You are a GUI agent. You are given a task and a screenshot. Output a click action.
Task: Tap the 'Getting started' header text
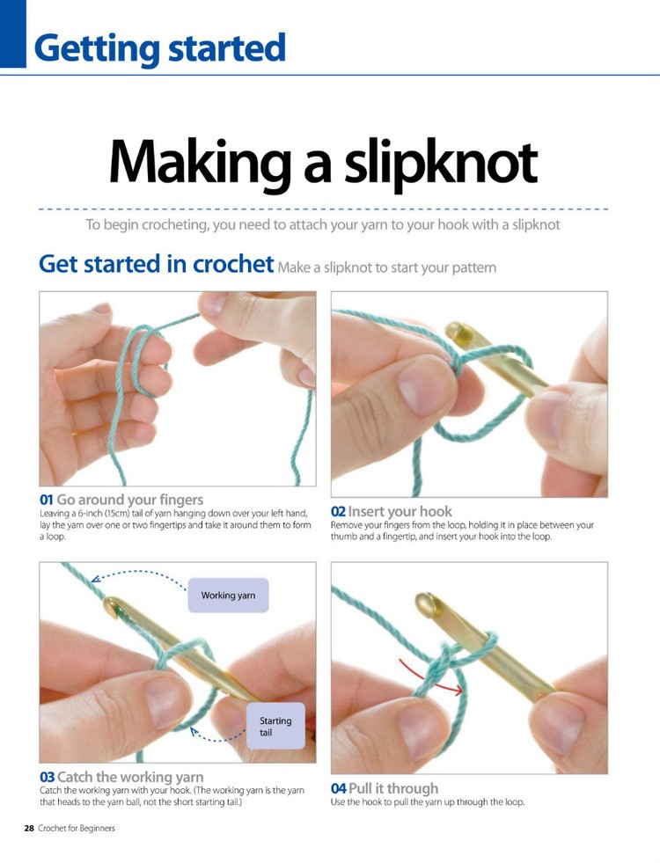point(159,48)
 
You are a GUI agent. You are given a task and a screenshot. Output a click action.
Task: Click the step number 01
point(47,501)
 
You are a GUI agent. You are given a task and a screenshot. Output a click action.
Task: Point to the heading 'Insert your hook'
point(400,511)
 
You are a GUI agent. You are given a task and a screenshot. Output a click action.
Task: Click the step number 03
point(48,777)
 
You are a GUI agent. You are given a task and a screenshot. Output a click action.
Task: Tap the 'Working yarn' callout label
point(228,596)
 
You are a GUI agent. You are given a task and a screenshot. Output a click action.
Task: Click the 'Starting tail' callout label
point(275,726)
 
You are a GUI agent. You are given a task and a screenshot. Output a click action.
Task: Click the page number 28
point(29,828)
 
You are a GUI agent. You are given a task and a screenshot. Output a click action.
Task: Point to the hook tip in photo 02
point(457,332)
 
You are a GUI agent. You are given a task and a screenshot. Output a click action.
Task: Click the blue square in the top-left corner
point(13,33)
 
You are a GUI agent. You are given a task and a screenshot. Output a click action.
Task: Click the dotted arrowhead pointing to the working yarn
point(95,579)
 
